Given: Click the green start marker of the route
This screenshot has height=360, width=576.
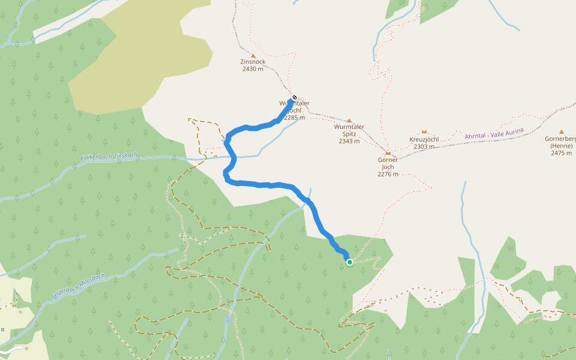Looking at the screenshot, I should tap(350, 262).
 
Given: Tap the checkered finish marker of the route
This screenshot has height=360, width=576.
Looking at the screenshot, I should tap(294, 97).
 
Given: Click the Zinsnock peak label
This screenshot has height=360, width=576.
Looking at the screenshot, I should tap(253, 62).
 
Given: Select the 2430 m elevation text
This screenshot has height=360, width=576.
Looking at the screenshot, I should tap(253, 69).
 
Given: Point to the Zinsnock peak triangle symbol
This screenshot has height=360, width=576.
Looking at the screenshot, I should tap(253, 55).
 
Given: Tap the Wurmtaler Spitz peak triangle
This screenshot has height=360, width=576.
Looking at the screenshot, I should tap(349, 120).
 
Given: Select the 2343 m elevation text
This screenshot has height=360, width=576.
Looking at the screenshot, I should tap(349, 141).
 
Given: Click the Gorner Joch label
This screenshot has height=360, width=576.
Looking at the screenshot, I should tap(388, 163).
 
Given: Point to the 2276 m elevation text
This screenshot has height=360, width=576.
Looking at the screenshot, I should tap(388, 174).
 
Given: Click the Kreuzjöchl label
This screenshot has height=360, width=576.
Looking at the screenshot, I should tap(424, 139).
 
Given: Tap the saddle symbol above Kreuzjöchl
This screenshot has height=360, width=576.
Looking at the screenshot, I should tap(424, 131).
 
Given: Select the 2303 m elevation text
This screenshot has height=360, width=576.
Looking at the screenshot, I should tap(424, 146).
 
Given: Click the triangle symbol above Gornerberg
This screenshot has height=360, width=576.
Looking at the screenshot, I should tap(562, 131).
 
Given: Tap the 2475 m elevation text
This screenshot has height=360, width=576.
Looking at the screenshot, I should tap(562, 153).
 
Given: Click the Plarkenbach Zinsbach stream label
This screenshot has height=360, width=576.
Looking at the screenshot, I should tap(109, 158).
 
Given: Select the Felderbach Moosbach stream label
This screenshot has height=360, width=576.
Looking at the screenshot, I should tap(78, 287).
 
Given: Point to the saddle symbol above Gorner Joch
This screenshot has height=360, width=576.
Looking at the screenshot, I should tap(388, 153).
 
